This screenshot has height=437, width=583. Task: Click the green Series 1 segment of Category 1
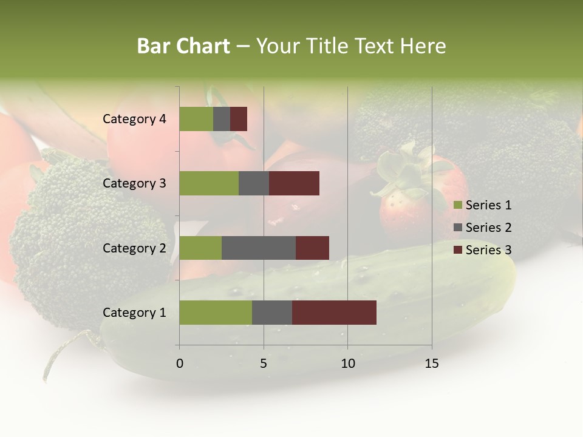[216, 312]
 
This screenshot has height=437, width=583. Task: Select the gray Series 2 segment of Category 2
[259, 248]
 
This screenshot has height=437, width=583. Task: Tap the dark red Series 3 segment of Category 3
[294, 183]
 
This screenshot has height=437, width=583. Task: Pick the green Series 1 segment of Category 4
[196, 119]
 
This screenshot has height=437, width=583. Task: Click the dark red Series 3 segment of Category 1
[334, 312]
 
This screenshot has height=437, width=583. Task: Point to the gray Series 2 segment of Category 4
[222, 119]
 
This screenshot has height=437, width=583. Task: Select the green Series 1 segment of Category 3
[209, 183]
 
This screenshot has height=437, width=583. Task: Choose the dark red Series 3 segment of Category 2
[312, 248]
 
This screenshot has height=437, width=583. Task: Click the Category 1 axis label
[134, 313]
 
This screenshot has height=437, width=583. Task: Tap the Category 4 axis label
[134, 119]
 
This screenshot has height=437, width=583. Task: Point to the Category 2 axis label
[134, 248]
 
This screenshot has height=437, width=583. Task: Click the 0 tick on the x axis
[180, 364]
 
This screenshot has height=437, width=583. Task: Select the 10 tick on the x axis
[347, 364]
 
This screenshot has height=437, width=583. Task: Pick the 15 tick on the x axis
[432, 364]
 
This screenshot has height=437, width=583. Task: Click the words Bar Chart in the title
[183, 46]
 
